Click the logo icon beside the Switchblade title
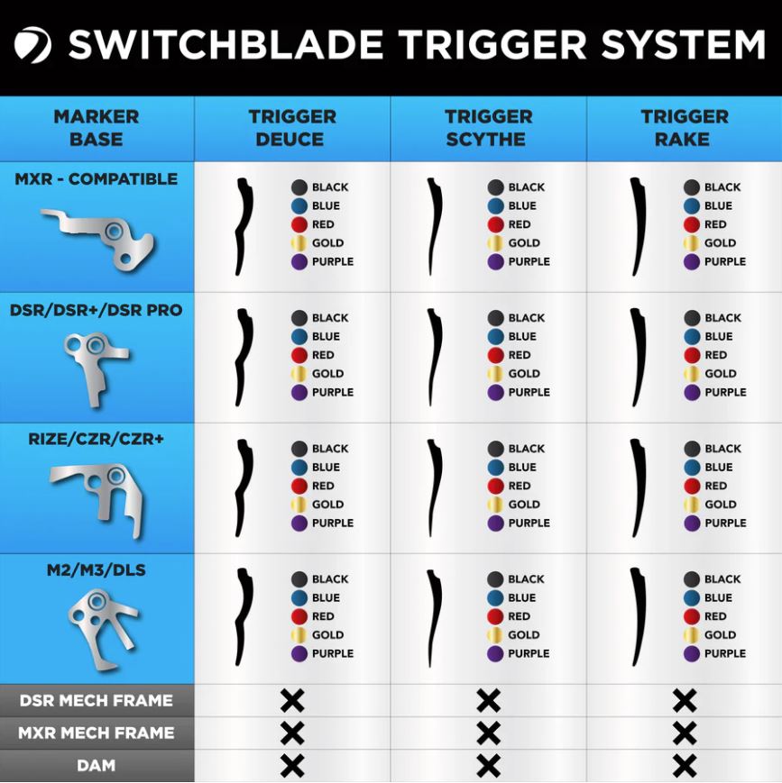(x=32, y=45)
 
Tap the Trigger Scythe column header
(x=488, y=128)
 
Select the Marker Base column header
(x=97, y=128)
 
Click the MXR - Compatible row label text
(x=97, y=178)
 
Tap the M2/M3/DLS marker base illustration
(x=101, y=621)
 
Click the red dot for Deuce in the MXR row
(x=299, y=224)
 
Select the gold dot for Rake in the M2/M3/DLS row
(x=692, y=634)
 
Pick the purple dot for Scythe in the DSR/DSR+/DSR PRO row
(x=496, y=392)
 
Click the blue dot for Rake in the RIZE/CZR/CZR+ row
(x=692, y=467)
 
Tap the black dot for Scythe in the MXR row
(x=496, y=187)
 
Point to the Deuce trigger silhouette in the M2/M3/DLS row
(x=243, y=617)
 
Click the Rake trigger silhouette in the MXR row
(x=637, y=226)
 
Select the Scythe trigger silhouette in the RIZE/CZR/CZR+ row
(x=435, y=487)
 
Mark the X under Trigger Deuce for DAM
(x=292, y=766)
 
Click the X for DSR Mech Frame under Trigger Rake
(x=685, y=700)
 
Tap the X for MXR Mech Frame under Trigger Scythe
(x=488, y=733)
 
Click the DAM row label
(x=97, y=766)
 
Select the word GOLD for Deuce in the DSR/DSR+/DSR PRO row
(x=327, y=373)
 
